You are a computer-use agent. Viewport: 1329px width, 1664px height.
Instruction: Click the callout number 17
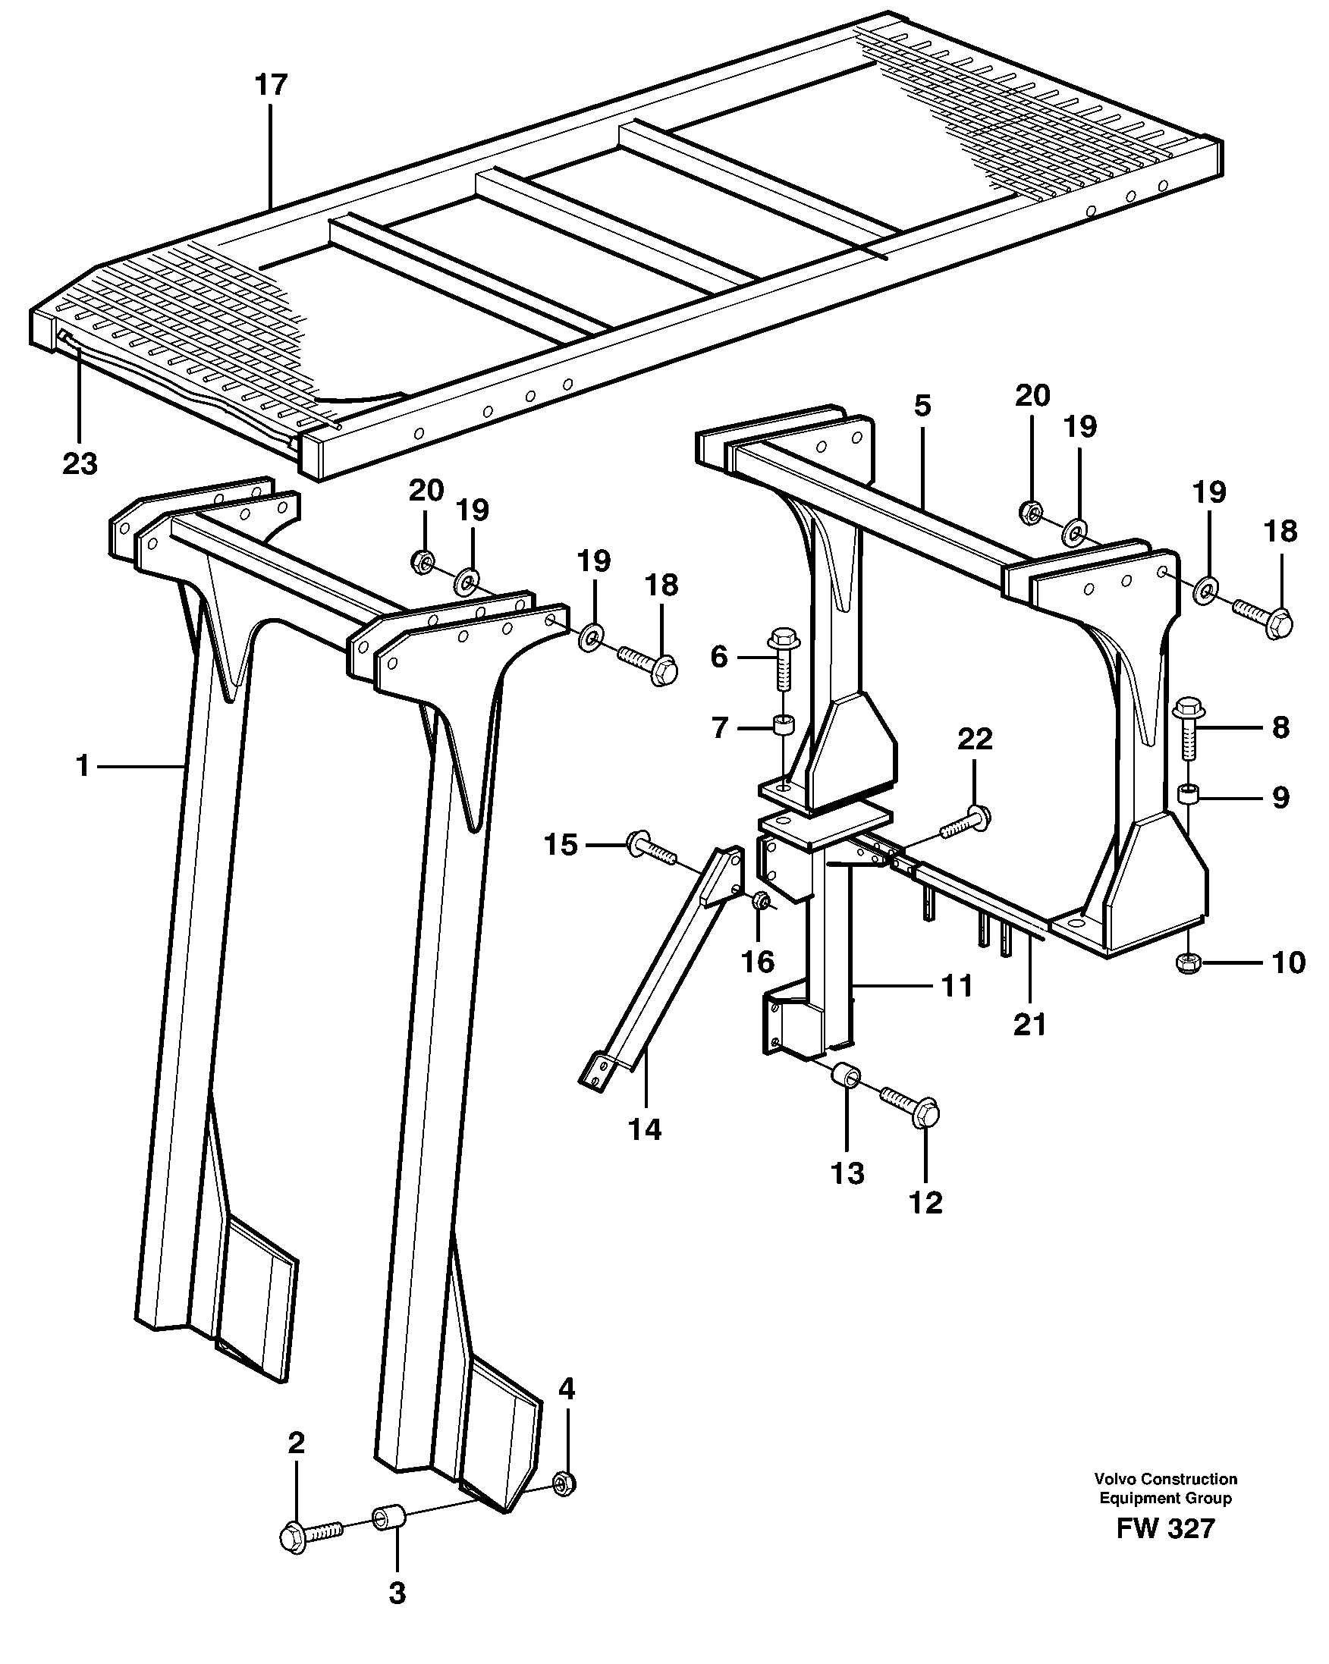[271, 85]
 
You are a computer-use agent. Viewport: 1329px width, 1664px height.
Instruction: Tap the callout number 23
[80, 464]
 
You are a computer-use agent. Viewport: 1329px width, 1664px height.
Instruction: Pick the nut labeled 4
[565, 1482]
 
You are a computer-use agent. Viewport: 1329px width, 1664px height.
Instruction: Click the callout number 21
[1030, 1025]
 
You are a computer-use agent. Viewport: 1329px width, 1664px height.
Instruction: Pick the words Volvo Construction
[1164, 1479]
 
